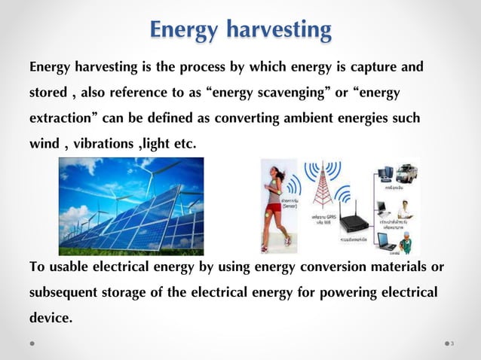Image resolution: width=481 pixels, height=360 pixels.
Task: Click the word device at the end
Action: click(x=49, y=318)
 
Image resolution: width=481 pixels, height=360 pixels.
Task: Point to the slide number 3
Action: click(x=452, y=344)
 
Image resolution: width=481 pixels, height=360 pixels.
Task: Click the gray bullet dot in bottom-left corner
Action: click(x=32, y=343)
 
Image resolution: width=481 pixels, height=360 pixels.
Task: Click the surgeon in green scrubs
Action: click(x=406, y=240)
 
